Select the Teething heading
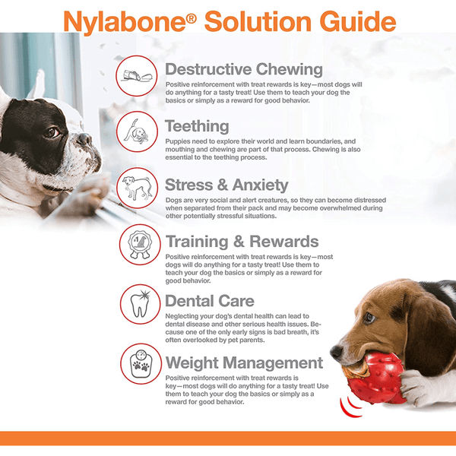[197, 126]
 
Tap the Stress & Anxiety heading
[226, 185]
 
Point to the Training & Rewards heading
[242, 242]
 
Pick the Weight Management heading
[244, 363]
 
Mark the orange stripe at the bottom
[228, 439]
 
